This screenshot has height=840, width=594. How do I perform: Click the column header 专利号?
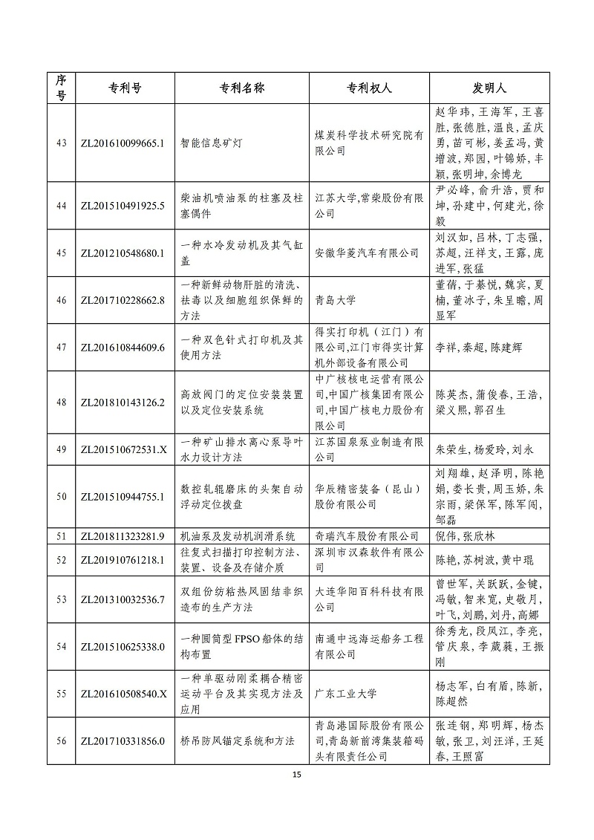(123, 88)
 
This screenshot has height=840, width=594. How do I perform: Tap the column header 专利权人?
(369, 88)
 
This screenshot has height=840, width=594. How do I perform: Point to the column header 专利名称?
(242, 88)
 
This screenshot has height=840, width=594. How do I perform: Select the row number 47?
(62, 347)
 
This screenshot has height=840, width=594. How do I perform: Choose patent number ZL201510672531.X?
(123, 449)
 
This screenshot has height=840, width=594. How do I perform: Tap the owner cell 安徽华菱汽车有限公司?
(367, 253)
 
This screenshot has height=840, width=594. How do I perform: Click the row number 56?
(62, 740)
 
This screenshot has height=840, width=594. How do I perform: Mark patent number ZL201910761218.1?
(123, 559)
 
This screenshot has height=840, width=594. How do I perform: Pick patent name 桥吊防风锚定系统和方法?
(238, 740)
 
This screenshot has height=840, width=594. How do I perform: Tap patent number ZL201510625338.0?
(123, 647)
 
